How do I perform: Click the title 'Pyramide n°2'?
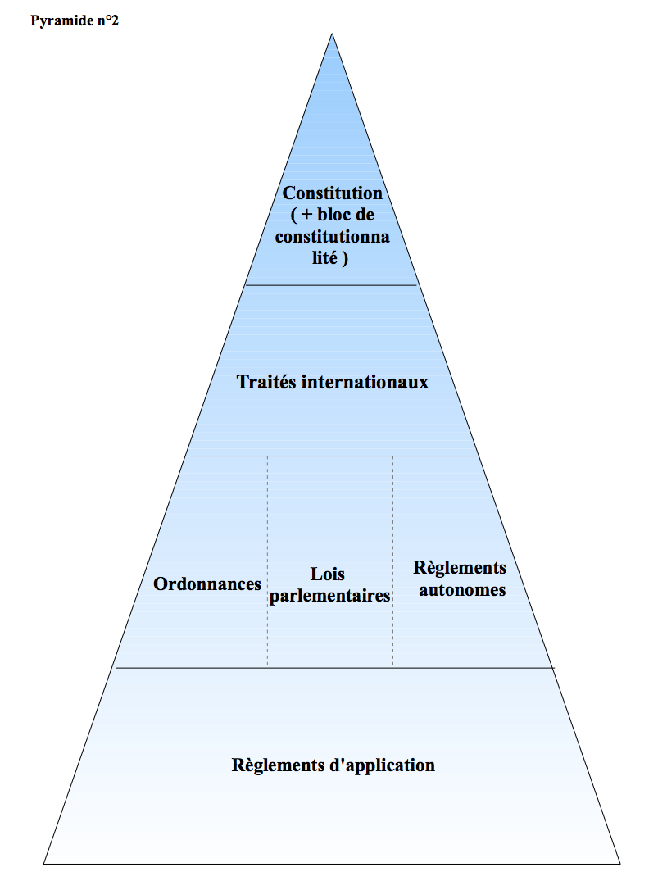click(75, 20)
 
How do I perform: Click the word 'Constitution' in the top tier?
click(333, 193)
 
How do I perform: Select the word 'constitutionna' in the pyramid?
click(332, 237)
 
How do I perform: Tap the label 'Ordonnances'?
click(207, 584)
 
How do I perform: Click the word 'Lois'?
click(328, 574)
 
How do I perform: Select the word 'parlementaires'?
click(329, 596)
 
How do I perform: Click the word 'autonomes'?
click(462, 589)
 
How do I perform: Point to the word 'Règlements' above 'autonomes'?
click(460, 568)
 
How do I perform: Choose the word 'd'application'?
click(383, 765)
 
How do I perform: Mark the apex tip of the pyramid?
click(332, 34)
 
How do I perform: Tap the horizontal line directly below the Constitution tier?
click(331, 285)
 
